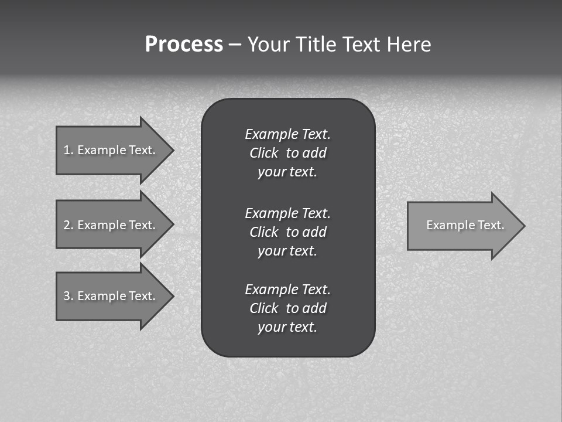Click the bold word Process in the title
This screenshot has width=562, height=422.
(x=184, y=45)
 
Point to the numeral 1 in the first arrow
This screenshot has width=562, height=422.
(x=67, y=150)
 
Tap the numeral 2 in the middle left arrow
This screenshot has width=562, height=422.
(x=67, y=225)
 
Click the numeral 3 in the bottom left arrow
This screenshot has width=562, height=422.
(x=67, y=296)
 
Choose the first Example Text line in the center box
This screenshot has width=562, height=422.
(x=287, y=134)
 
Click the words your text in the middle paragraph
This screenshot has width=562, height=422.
(x=287, y=251)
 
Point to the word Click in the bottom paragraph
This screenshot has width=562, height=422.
(x=263, y=308)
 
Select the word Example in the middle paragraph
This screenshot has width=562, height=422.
(x=271, y=213)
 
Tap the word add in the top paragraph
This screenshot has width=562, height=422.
(x=315, y=153)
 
